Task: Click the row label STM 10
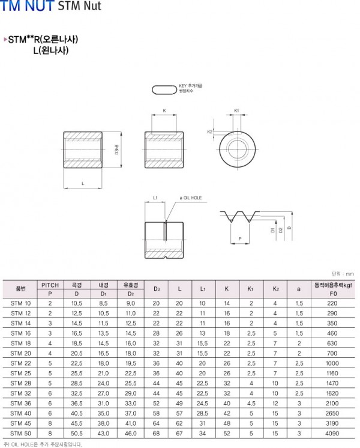(20, 304)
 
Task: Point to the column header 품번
(20, 289)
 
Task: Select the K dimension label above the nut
(164, 111)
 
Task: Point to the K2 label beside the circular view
(209, 131)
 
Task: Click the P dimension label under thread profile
(240, 239)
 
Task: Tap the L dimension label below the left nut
(82, 183)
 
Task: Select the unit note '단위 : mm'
(343, 273)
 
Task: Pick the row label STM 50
(20, 432)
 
